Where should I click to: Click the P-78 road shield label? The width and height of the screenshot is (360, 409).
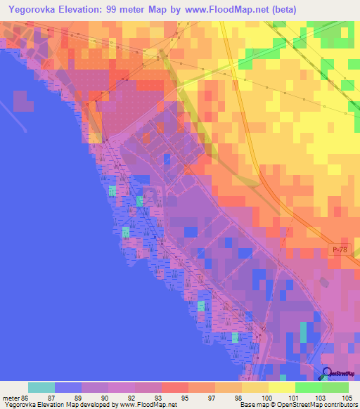coord(338,249)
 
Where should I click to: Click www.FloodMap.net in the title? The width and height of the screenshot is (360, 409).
coord(221,9)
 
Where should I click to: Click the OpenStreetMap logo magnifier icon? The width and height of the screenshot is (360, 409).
coord(328,374)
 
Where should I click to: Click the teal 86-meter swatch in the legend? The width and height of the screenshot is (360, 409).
coord(41,387)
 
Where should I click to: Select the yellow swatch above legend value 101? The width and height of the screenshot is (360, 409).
coord(282,387)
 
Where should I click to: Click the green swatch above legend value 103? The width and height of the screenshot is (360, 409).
coord(309,387)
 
